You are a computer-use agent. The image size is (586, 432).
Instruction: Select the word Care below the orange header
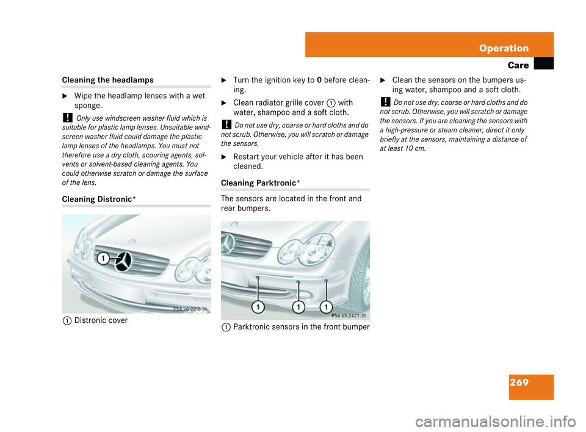tap(518, 64)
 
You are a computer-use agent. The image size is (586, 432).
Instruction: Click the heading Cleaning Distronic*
tap(98, 199)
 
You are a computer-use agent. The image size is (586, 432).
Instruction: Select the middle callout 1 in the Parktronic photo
tap(298, 306)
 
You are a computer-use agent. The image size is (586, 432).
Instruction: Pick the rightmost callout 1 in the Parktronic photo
tap(326, 306)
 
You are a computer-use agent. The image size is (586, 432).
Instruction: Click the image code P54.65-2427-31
tap(349, 315)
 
